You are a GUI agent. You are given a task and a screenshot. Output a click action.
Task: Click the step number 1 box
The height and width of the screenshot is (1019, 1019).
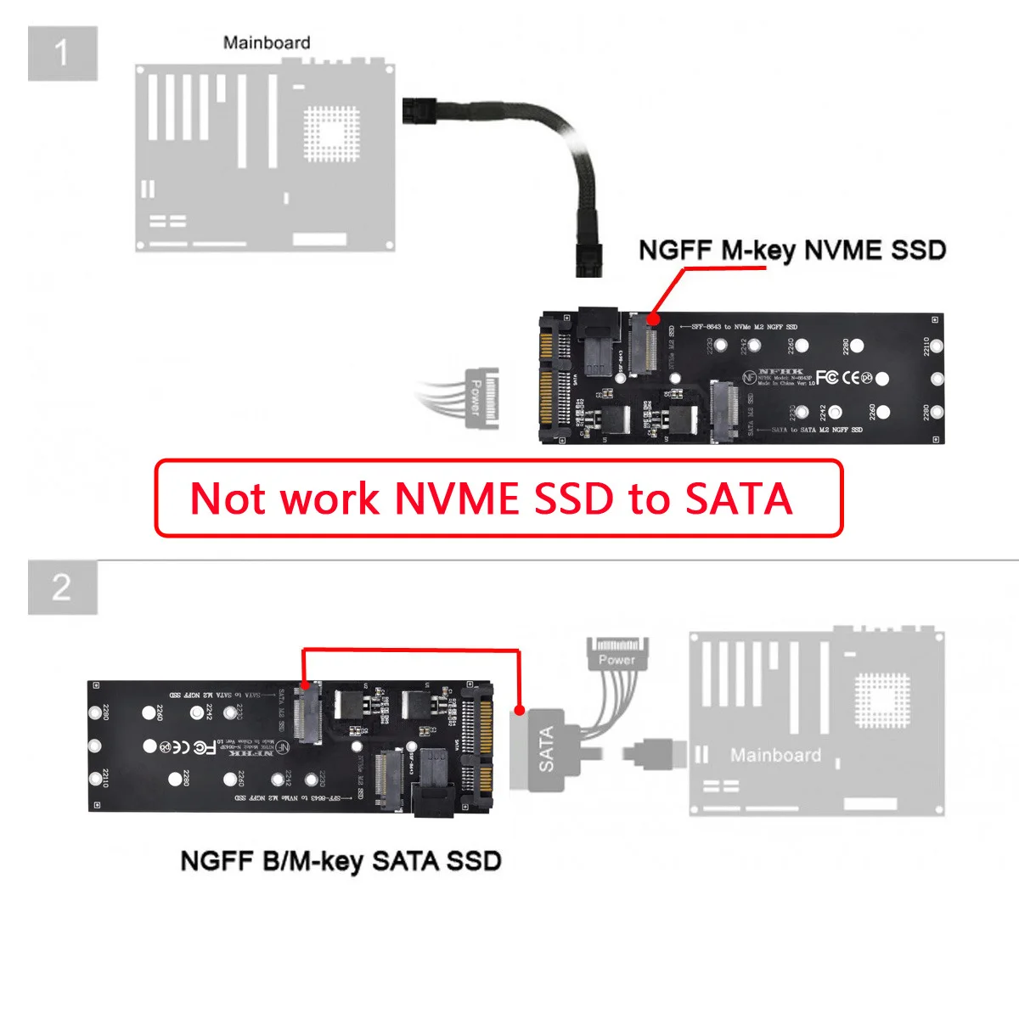(x=62, y=53)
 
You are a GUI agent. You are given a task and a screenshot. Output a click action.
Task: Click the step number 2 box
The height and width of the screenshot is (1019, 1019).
(x=62, y=588)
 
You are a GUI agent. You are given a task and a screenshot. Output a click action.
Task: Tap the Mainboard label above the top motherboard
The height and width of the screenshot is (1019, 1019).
(x=266, y=42)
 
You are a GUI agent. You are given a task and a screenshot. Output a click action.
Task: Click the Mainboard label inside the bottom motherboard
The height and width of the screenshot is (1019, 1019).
(x=775, y=755)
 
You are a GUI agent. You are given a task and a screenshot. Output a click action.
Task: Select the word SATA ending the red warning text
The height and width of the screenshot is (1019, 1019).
(x=739, y=498)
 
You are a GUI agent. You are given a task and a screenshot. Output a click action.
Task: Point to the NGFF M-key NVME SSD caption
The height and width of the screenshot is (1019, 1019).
(x=791, y=251)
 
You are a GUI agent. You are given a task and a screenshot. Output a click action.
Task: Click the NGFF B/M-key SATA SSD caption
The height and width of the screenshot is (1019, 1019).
(x=341, y=861)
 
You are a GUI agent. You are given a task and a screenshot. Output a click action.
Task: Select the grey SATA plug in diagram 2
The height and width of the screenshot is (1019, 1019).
(x=544, y=749)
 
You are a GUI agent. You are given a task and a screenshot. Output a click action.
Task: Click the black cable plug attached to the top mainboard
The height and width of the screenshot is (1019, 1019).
(x=418, y=110)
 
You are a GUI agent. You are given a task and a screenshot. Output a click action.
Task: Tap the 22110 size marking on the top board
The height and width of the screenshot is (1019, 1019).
(x=926, y=346)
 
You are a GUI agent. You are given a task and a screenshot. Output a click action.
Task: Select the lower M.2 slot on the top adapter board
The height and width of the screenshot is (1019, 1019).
(x=724, y=411)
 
